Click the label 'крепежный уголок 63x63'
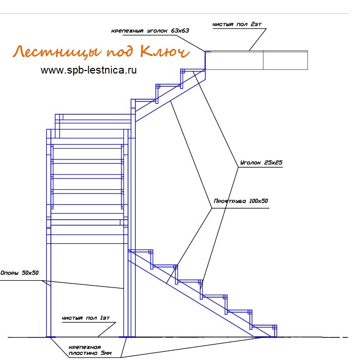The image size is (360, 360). click(x=150, y=31)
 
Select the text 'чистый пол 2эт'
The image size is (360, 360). click(x=237, y=24)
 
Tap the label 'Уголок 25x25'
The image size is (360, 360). click(x=261, y=163)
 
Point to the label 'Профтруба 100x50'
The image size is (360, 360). click(x=241, y=201)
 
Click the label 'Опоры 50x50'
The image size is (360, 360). click(x=20, y=273)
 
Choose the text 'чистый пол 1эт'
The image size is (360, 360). click(x=86, y=318)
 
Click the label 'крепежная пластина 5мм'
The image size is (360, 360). click(x=90, y=350)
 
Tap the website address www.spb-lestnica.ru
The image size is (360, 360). click(x=88, y=70)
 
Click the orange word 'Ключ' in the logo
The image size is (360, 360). click(x=165, y=51)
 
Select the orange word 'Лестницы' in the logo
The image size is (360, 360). click(x=57, y=51)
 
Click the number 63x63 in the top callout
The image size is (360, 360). click(x=180, y=31)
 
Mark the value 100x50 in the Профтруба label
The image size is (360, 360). click(x=259, y=201)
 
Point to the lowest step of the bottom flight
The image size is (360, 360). click(x=264, y=326)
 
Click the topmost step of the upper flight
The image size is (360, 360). click(x=193, y=70)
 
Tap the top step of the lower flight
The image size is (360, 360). click(x=140, y=251)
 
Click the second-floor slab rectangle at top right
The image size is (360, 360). click(x=257, y=60)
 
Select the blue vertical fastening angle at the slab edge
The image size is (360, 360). click(x=205, y=60)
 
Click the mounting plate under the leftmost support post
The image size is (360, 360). click(x=51, y=337)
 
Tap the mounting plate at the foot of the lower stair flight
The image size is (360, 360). click(x=264, y=337)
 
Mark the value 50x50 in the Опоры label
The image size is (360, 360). click(x=30, y=273)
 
